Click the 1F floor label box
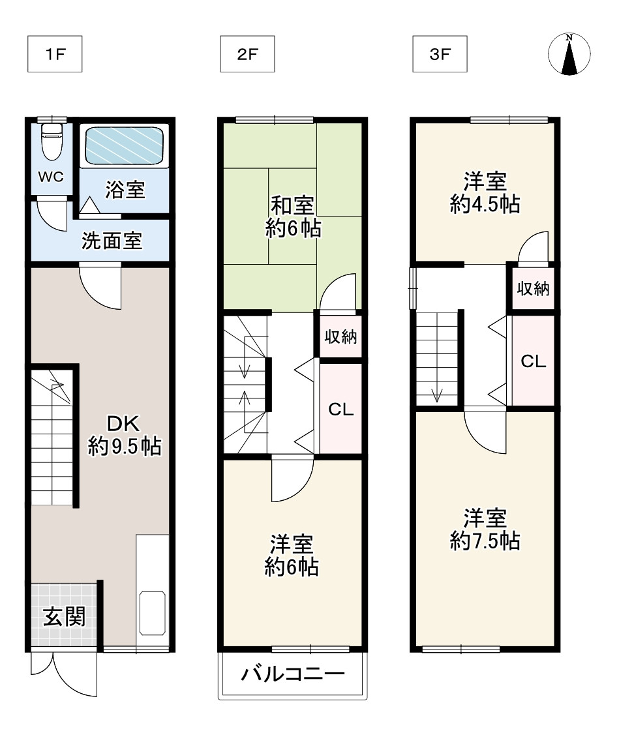click(55, 54)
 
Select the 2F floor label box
click(247, 54)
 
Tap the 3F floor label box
click(440, 54)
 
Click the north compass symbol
click(569, 54)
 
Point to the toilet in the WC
click(52, 141)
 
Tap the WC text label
click(51, 177)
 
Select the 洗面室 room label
click(112, 241)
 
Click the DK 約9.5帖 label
click(125, 435)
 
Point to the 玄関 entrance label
click(65, 618)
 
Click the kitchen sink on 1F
click(153, 613)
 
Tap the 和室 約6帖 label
click(293, 217)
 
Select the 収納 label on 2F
click(341, 336)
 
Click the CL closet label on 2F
click(341, 410)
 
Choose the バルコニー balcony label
click(293, 674)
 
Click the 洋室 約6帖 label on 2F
click(292, 556)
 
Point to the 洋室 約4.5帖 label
click(485, 193)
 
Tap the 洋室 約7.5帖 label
click(485, 530)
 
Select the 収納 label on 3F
click(533, 289)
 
